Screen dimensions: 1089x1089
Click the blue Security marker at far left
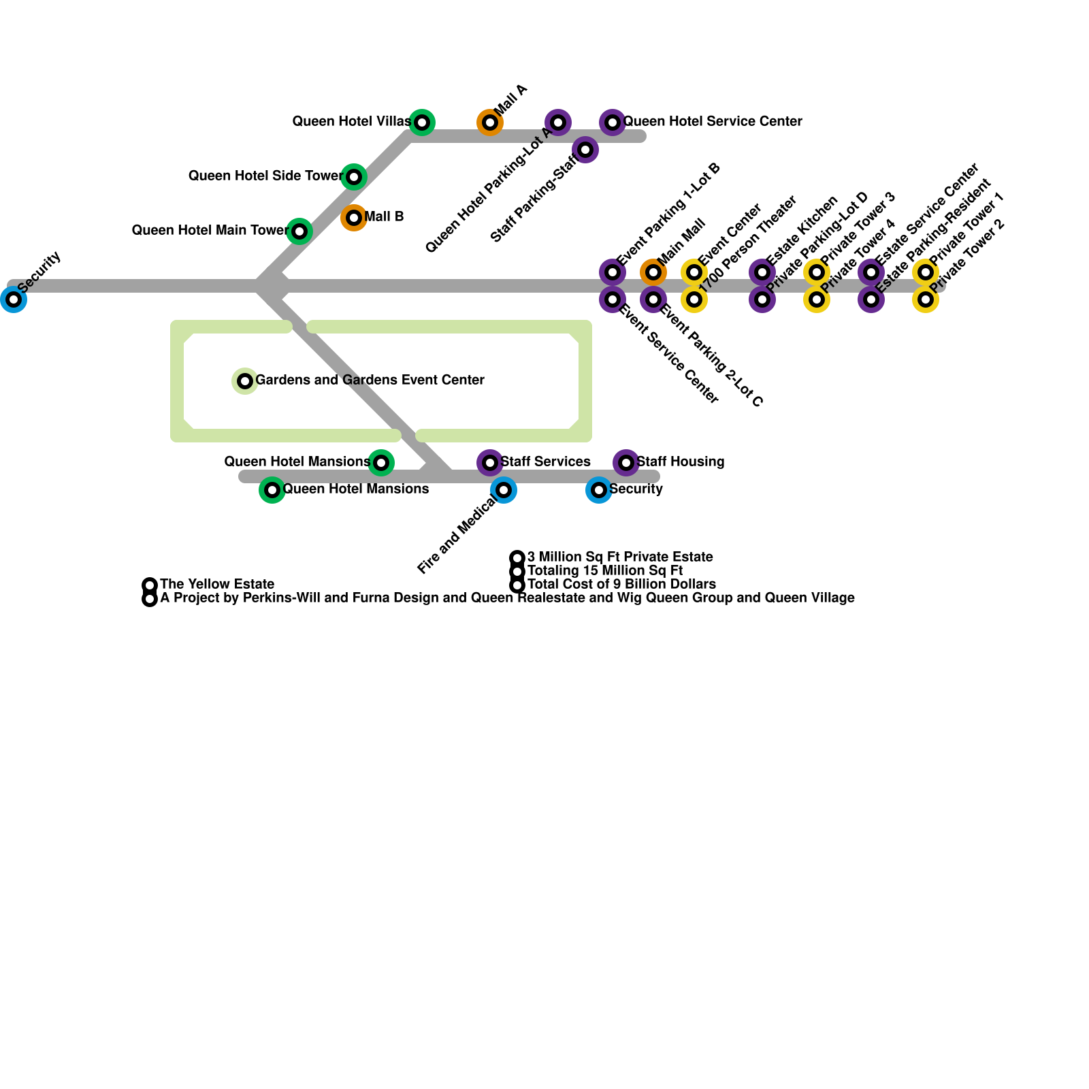pyautogui.click(x=14, y=299)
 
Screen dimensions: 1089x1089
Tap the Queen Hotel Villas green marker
pyautogui.click(x=422, y=123)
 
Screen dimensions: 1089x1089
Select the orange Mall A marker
pyautogui.click(x=490, y=123)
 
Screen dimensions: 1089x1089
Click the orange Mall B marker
pyautogui.click(x=354, y=218)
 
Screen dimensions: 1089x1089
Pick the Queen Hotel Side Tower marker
pyautogui.click(x=354, y=177)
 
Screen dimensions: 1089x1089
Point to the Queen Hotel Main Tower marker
pyautogui.click(x=299, y=231)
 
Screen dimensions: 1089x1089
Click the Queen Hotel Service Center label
pyautogui.click(x=713, y=122)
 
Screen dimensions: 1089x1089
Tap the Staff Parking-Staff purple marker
pyautogui.click(x=585, y=150)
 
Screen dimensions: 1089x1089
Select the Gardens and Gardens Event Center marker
pyautogui.click(x=245, y=381)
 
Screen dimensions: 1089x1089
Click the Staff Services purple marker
pyautogui.click(x=490, y=463)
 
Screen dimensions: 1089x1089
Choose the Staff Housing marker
pyautogui.click(x=626, y=463)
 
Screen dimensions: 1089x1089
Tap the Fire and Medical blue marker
pyautogui.click(x=504, y=490)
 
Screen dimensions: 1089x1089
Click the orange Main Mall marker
pyautogui.click(x=653, y=272)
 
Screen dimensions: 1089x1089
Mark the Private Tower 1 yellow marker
pyautogui.click(x=926, y=272)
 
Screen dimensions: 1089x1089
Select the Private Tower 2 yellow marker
pyautogui.click(x=926, y=299)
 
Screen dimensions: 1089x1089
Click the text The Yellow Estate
pyautogui.click(x=217, y=585)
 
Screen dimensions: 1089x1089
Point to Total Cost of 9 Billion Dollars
pyautogui.click(x=621, y=585)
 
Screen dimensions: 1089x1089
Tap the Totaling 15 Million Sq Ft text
pyautogui.click(x=604, y=571)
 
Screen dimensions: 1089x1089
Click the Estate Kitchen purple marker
pyautogui.click(x=762, y=272)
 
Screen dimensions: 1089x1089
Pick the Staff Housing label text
pyautogui.click(x=680, y=462)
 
